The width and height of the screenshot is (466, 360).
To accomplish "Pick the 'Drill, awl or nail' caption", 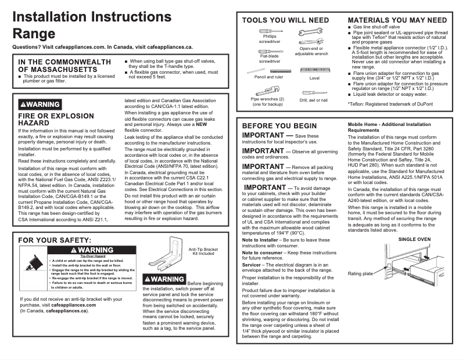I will click(x=314, y=100).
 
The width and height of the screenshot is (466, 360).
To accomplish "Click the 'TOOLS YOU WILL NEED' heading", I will click(x=285, y=20).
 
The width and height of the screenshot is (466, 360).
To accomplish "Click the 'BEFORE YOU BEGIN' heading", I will click(x=279, y=125).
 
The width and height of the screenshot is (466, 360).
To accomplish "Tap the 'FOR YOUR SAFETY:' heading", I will click(x=55, y=240).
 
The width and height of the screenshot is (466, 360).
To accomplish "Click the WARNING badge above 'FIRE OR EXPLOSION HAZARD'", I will click(x=40, y=104).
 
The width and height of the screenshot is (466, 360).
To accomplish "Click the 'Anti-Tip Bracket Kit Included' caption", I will click(x=203, y=251).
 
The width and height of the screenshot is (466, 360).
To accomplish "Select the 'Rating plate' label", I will click(x=360, y=273).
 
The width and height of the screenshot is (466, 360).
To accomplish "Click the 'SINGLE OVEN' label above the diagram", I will click(x=414, y=239).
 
